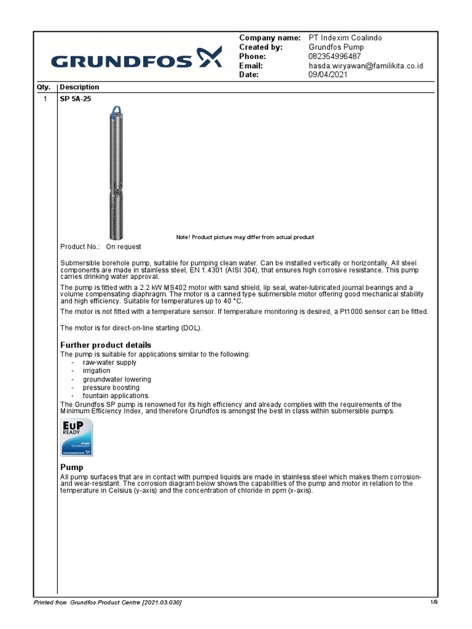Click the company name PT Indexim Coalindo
[x=345, y=38]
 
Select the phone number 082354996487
[x=334, y=57]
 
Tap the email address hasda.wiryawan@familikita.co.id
[x=366, y=66]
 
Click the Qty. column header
[x=45, y=87]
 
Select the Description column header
[x=79, y=87]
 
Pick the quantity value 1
[x=45, y=99]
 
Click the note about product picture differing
[x=245, y=237]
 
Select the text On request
[x=124, y=247]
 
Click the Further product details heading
[x=105, y=345]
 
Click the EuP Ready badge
[x=76, y=437]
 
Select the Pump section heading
[x=71, y=468]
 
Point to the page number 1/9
[x=434, y=602]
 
